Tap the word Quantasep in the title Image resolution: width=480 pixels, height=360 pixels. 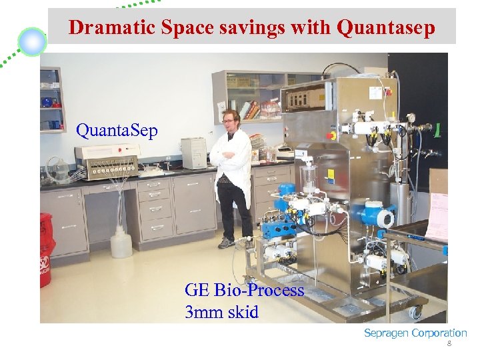pos(387,27)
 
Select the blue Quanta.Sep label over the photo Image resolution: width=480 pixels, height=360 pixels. pos(117,130)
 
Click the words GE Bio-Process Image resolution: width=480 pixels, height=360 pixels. pos(244,290)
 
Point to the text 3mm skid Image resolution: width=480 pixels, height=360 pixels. pos(221,311)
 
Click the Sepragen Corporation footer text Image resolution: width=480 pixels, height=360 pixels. pos(415,333)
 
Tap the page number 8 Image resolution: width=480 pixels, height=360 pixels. pos(449,344)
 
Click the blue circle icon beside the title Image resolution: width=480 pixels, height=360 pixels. pos(32,42)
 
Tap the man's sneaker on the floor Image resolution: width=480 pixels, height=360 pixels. pos(227,243)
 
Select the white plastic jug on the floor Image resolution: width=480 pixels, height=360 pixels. pos(121,242)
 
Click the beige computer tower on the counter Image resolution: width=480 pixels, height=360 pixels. pos(194,153)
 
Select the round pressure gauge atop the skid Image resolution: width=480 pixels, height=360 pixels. pos(411,118)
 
